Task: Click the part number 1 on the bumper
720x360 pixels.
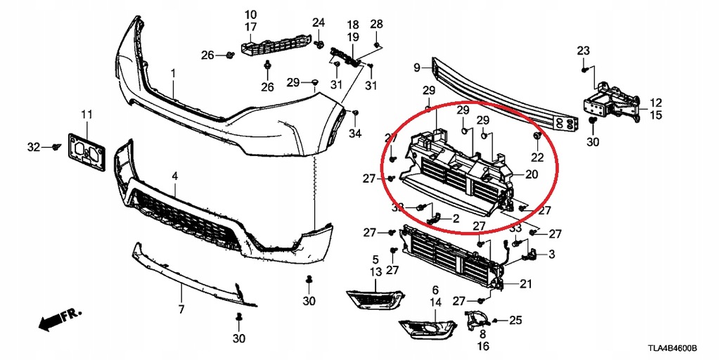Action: tap(174, 73)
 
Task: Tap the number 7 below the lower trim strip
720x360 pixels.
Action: tap(181, 309)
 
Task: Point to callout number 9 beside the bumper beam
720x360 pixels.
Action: tap(417, 67)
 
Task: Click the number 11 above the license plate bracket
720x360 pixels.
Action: tap(86, 115)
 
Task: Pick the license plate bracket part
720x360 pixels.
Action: tap(86, 150)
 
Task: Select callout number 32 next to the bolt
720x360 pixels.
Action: tap(34, 147)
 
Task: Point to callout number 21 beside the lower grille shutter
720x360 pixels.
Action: tap(526, 284)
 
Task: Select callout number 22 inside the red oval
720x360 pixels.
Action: tap(537, 157)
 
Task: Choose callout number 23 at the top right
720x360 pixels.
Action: tap(583, 50)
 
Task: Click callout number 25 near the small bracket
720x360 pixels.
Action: tap(515, 321)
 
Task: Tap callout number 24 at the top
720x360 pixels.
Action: tap(319, 22)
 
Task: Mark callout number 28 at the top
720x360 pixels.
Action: tap(377, 25)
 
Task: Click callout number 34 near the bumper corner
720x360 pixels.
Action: tap(356, 133)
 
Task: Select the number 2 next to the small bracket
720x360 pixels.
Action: tap(456, 219)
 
